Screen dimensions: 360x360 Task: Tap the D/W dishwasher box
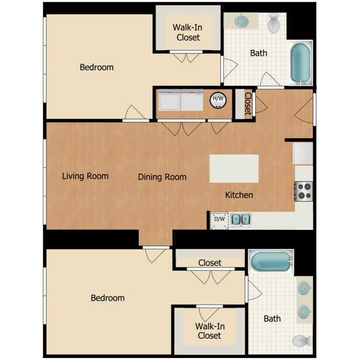tap(219, 219)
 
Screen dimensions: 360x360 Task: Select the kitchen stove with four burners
tap(303, 191)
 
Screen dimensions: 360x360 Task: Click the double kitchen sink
tap(240, 219)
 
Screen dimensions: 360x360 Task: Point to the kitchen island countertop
tap(234, 168)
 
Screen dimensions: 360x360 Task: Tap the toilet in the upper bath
tap(275, 23)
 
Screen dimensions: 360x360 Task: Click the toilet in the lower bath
tap(301, 340)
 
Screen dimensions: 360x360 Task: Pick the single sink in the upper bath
tap(241, 21)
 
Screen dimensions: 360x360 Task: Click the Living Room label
tap(85, 176)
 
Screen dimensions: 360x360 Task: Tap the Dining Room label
tap(162, 177)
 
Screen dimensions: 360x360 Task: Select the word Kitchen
tap(239, 195)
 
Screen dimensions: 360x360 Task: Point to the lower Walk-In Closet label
tap(210, 331)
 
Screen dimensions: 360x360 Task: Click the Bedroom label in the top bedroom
tap(96, 67)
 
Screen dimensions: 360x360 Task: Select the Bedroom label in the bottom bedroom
tap(108, 298)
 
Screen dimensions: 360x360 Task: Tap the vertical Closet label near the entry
tap(248, 104)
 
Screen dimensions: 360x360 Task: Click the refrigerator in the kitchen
tap(303, 154)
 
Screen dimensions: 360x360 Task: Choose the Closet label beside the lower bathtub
tap(210, 263)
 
